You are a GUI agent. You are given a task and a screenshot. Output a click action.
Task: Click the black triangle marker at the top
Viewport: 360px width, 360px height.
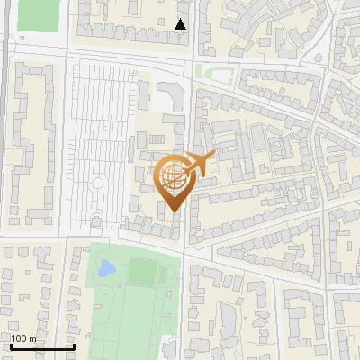[x=181, y=24]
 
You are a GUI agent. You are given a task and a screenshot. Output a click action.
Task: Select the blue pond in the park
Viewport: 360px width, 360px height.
[x=106, y=267]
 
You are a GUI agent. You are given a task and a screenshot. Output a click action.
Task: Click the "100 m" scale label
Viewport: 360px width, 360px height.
[x=23, y=338]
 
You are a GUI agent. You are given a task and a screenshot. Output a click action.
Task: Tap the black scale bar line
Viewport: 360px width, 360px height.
[x=42, y=346]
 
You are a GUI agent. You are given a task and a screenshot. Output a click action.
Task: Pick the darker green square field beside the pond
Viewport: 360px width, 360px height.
[x=141, y=270]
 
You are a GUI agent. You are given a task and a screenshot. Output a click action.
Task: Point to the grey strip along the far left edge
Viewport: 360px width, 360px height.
[x=4, y=135]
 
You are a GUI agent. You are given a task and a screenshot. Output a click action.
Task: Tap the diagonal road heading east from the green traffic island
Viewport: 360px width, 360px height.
[x=270, y=94]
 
